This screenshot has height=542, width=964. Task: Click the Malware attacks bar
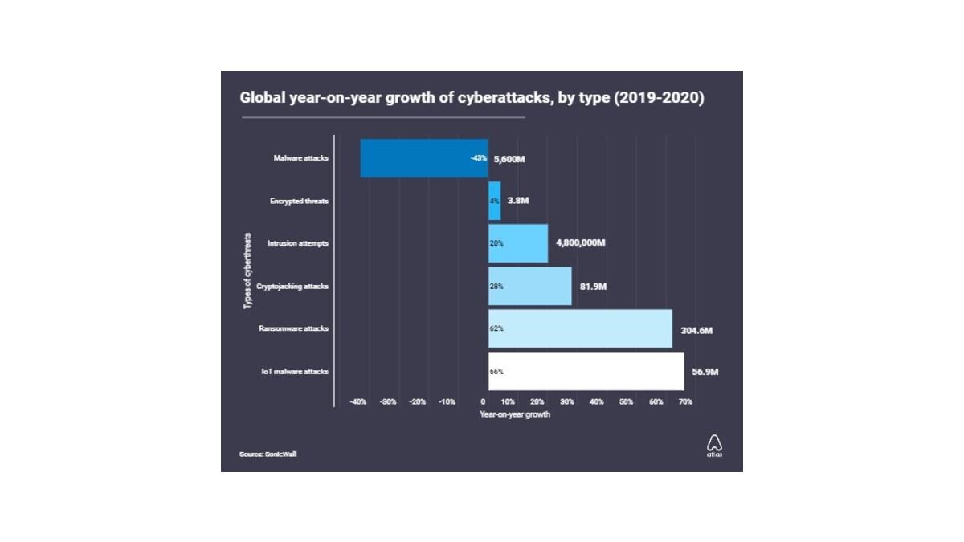coord(424,158)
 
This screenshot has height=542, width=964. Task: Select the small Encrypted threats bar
coord(495,201)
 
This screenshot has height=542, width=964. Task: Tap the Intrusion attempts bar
coord(518,243)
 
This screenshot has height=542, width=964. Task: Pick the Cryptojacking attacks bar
coord(530,286)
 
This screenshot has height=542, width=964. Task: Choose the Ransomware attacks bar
coord(580,328)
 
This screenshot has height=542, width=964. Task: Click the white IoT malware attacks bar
coord(586,371)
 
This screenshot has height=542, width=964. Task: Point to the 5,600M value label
coord(509,159)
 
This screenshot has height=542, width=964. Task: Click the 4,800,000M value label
coord(581,243)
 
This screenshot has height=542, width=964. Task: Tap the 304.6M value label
coord(696,330)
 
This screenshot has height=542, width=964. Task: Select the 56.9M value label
coord(705,372)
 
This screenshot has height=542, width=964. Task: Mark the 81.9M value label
coord(593,287)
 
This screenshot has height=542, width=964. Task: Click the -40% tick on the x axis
coord(358,401)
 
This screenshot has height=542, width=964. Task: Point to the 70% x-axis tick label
coord(685,401)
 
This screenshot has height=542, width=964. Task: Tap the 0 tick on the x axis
coord(483,401)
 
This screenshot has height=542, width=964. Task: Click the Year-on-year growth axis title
coord(515,414)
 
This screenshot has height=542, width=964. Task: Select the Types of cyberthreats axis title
coord(247,271)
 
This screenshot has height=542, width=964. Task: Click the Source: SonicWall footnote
coord(268,454)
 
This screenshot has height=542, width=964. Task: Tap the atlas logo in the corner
coord(714,446)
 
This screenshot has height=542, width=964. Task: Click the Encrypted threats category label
coord(299,202)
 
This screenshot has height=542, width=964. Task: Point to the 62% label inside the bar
coord(496,328)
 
